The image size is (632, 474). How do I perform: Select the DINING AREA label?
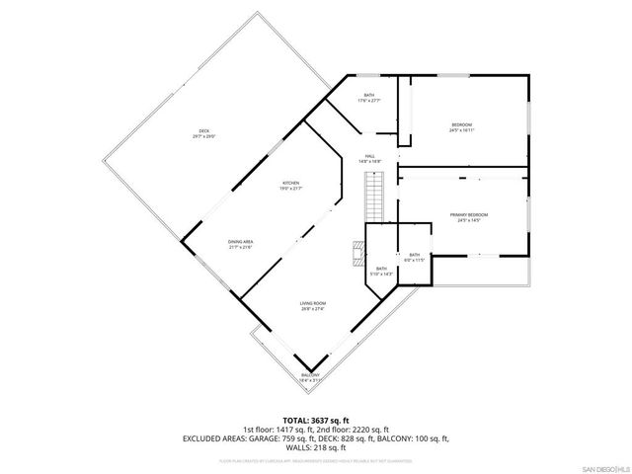(x=241, y=242)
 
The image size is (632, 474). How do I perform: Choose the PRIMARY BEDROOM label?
(x=469, y=214)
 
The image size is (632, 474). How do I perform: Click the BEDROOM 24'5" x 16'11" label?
(x=462, y=124)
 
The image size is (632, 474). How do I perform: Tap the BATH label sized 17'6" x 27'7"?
(x=368, y=95)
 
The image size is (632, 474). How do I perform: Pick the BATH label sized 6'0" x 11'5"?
(x=415, y=255)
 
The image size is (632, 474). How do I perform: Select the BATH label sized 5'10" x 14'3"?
(x=381, y=269)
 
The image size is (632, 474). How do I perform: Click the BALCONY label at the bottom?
(x=311, y=376)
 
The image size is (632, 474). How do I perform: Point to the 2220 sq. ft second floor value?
(x=390, y=430)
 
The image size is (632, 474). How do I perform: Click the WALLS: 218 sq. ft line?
(x=316, y=448)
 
